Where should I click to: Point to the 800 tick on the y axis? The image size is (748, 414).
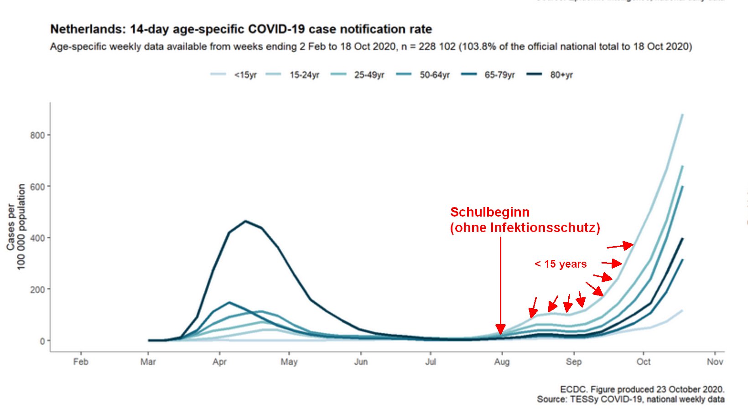pyautogui.click(x=37, y=135)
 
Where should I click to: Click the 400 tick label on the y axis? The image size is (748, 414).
pyautogui.click(x=37, y=238)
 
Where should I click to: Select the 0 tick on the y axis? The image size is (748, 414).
pyautogui.click(x=42, y=341)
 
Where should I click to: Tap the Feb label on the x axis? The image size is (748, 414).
pyautogui.click(x=81, y=362)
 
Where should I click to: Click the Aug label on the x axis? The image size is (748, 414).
pyautogui.click(x=502, y=362)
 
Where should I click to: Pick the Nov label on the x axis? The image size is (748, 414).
pyautogui.click(x=715, y=362)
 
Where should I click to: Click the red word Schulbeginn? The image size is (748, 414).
pyautogui.click(x=490, y=212)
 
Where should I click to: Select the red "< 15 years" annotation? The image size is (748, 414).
pyautogui.click(x=561, y=264)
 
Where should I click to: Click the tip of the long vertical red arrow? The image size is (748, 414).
pyautogui.click(x=500, y=333)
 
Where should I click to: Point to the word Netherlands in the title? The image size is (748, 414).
pyautogui.click(x=86, y=29)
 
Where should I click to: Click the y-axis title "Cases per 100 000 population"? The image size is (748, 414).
pyautogui.click(x=16, y=227)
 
